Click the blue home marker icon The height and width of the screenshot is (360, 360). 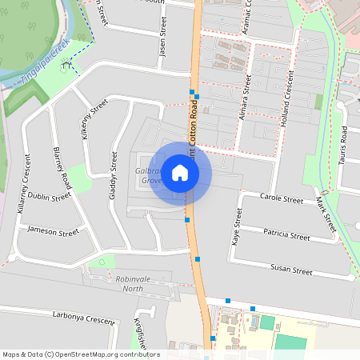coord(180,173)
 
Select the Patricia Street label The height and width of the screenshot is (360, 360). coord(286,236)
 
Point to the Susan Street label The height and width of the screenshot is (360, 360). coord(290,270)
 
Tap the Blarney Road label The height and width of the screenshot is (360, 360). coord(62,167)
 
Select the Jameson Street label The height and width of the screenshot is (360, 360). coord(53,232)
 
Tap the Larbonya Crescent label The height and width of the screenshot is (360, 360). coord(84,318)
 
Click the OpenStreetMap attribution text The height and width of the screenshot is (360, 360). coord(81,354)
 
